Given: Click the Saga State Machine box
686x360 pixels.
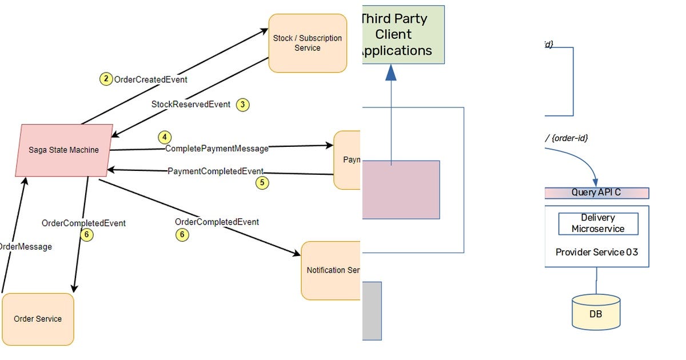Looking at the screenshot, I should [x=63, y=150].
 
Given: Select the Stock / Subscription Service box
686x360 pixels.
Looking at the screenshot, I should [x=308, y=43].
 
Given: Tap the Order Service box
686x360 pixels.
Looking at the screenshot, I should [x=38, y=319].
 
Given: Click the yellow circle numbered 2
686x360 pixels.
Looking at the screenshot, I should [x=106, y=79].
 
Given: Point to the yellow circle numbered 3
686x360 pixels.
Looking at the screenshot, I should [x=243, y=105].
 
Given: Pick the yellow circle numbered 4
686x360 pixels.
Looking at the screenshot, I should [x=165, y=137].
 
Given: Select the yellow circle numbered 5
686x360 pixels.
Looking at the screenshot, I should [x=262, y=183].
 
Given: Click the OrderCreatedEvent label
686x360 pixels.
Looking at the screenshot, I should [x=151, y=80].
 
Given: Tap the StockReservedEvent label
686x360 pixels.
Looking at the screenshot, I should [x=191, y=105].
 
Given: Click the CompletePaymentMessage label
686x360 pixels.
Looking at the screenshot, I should [x=217, y=149].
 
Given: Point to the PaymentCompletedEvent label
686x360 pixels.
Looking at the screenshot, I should [x=216, y=171].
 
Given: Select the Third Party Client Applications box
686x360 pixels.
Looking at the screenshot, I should [x=403, y=35].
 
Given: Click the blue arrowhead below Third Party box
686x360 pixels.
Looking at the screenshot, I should [x=391, y=72].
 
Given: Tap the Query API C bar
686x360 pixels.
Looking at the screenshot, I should [x=596, y=193].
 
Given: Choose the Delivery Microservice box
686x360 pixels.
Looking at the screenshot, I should [x=598, y=223].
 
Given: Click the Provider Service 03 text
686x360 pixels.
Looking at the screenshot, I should [x=596, y=252].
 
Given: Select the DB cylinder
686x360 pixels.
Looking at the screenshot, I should [x=596, y=312].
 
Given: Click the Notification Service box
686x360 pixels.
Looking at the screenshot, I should [x=331, y=270].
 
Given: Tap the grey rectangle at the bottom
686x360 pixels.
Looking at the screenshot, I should [x=372, y=310].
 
